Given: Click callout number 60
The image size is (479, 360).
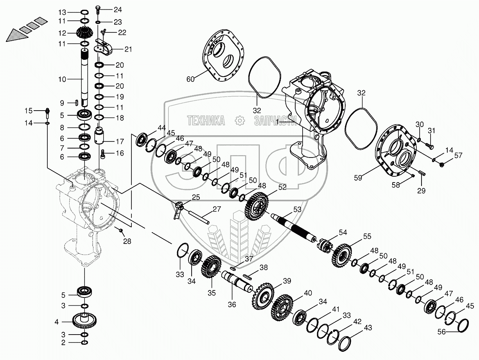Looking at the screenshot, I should tap(190, 79).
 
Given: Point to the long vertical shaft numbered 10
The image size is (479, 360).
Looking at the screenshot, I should tap(84, 78).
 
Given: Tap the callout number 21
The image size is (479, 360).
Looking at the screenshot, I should tap(128, 49).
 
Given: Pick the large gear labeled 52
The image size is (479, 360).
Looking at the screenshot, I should tap(257, 205).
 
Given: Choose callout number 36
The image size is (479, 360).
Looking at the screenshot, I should tap(232, 304).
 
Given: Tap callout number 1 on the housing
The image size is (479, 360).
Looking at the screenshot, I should tap(277, 122).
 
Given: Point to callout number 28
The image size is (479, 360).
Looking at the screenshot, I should tap(127, 241).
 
